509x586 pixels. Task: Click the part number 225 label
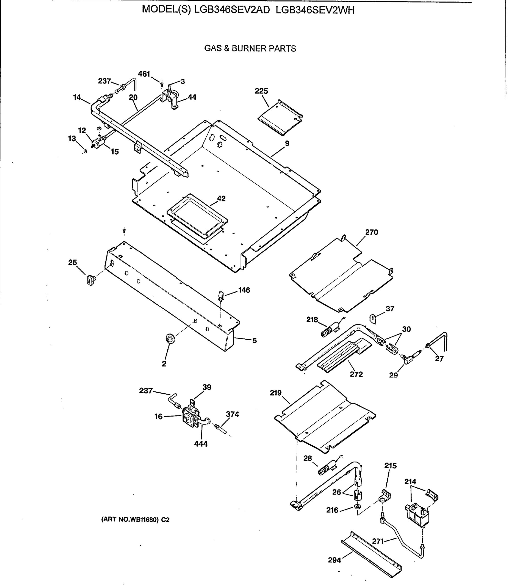(261, 91)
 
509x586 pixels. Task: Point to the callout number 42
(221, 199)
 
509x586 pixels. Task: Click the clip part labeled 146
(221, 295)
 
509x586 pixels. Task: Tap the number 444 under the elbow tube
(201, 444)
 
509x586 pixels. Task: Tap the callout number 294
(334, 560)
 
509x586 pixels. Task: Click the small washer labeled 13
(85, 151)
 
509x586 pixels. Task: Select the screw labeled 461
(162, 84)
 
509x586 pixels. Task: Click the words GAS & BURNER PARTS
(250, 49)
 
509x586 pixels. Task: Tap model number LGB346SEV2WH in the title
(315, 10)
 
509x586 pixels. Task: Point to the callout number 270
(371, 232)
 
